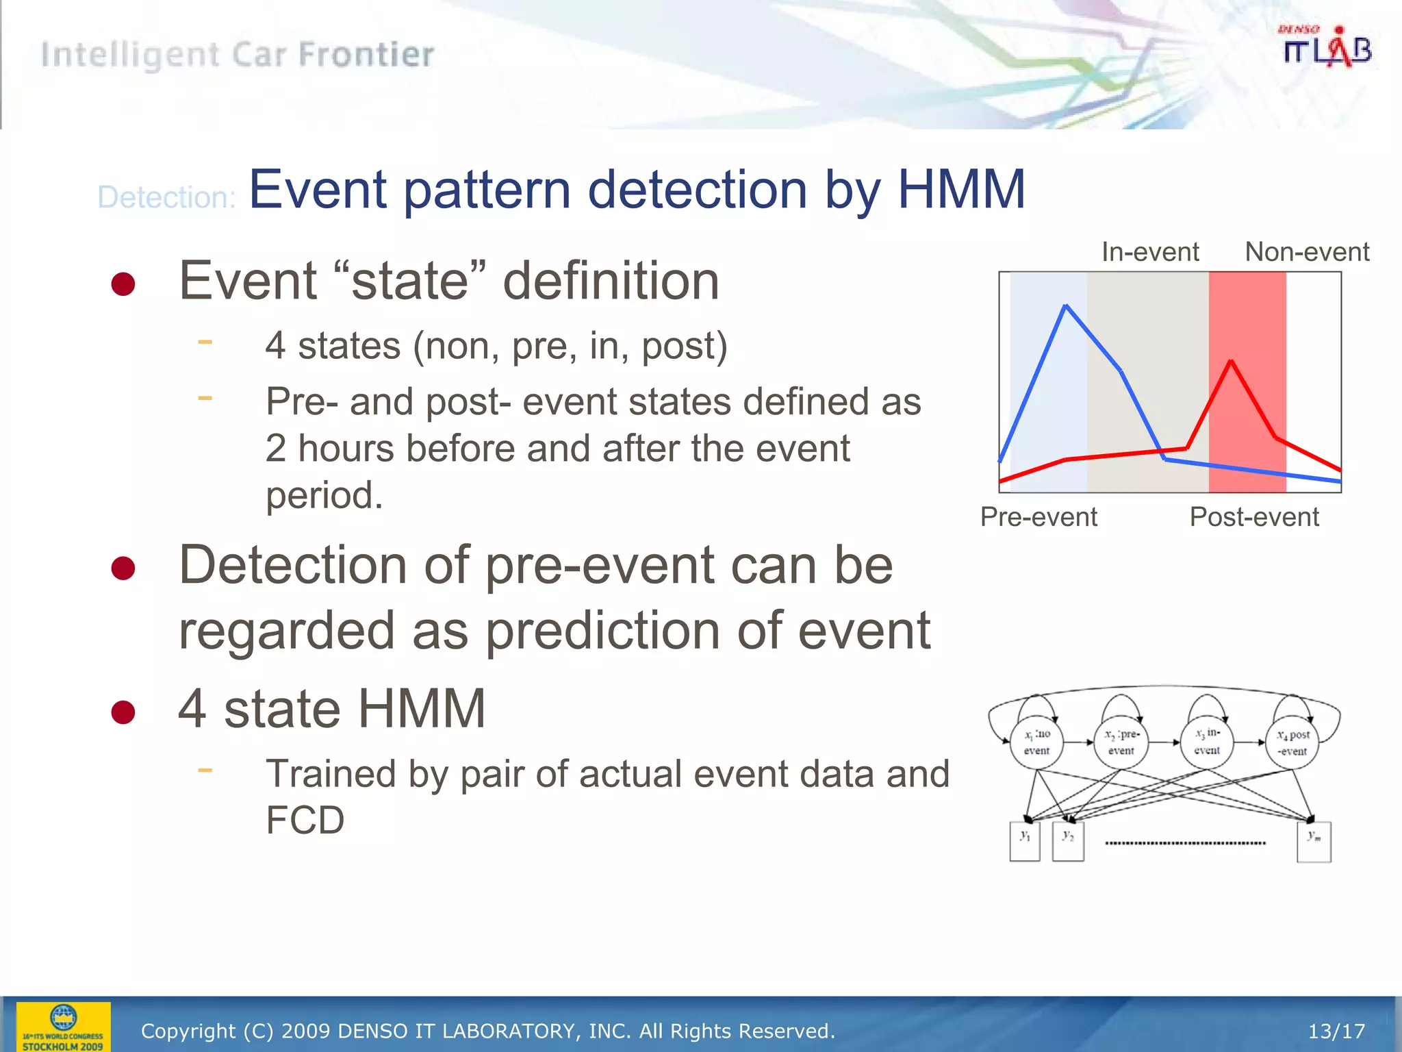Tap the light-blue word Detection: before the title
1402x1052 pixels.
click(x=166, y=197)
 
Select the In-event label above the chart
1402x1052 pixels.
click(x=1150, y=252)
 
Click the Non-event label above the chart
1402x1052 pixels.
click(x=1306, y=252)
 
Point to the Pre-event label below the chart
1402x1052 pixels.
click(x=1038, y=516)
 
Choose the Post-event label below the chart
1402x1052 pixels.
click(x=1253, y=516)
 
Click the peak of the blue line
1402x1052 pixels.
click(x=1066, y=305)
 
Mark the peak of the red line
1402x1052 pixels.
click(x=1231, y=361)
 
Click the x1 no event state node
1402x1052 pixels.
click(x=1036, y=742)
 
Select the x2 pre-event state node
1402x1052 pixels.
click(x=1121, y=742)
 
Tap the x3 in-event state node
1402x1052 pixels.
click(x=1207, y=742)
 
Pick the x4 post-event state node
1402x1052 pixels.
click(x=1292, y=742)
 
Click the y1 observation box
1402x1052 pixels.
click(x=1025, y=842)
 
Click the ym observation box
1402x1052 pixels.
click(x=1314, y=842)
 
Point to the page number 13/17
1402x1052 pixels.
click(x=1336, y=1031)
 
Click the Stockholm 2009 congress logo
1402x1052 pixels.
click(x=63, y=1026)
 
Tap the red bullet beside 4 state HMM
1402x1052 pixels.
click(x=123, y=712)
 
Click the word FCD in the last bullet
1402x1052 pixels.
click(x=305, y=820)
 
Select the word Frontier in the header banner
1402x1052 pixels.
click(x=366, y=55)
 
